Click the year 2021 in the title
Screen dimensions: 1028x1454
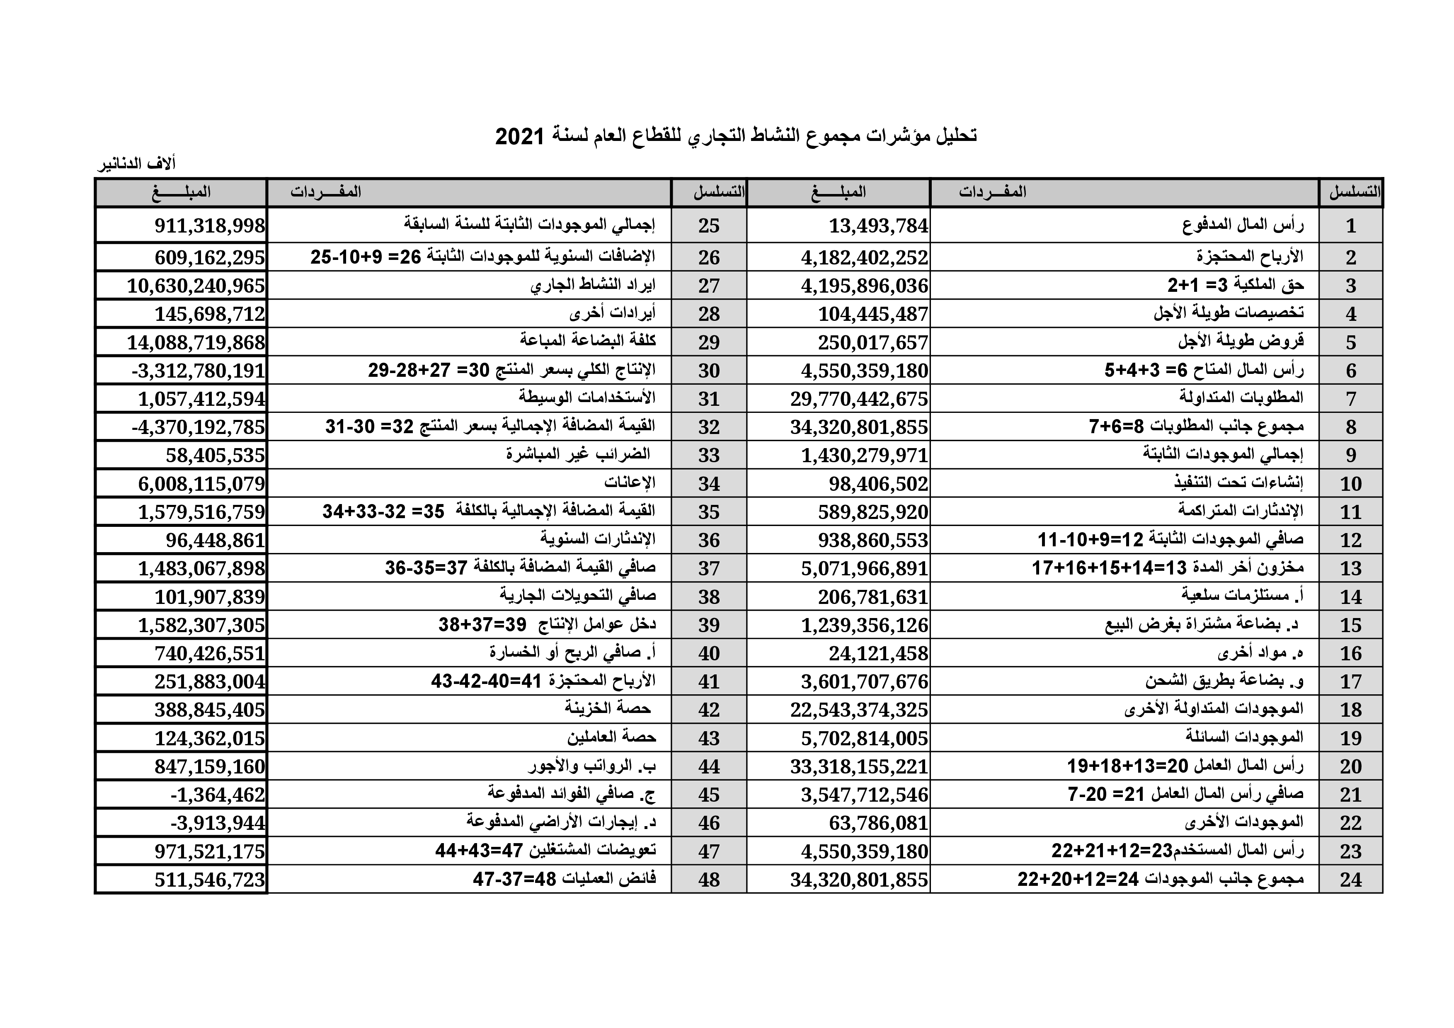point(519,136)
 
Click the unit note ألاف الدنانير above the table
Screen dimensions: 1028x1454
point(136,164)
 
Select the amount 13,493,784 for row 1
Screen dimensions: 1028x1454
point(878,225)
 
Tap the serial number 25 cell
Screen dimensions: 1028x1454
point(709,225)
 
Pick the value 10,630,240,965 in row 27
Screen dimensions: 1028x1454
point(196,286)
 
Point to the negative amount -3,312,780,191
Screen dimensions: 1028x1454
point(198,371)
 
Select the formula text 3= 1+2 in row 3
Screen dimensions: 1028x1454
point(1190,286)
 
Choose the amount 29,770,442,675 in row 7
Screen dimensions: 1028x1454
point(859,399)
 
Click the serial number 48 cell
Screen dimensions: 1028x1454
point(709,879)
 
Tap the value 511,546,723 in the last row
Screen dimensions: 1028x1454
point(210,879)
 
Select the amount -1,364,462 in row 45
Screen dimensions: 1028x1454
point(218,794)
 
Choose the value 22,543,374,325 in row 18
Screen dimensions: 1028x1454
point(859,709)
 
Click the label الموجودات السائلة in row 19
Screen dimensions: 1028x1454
point(1244,737)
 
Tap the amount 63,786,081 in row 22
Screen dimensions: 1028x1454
point(878,823)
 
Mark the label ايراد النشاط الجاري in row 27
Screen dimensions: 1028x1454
point(593,285)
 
